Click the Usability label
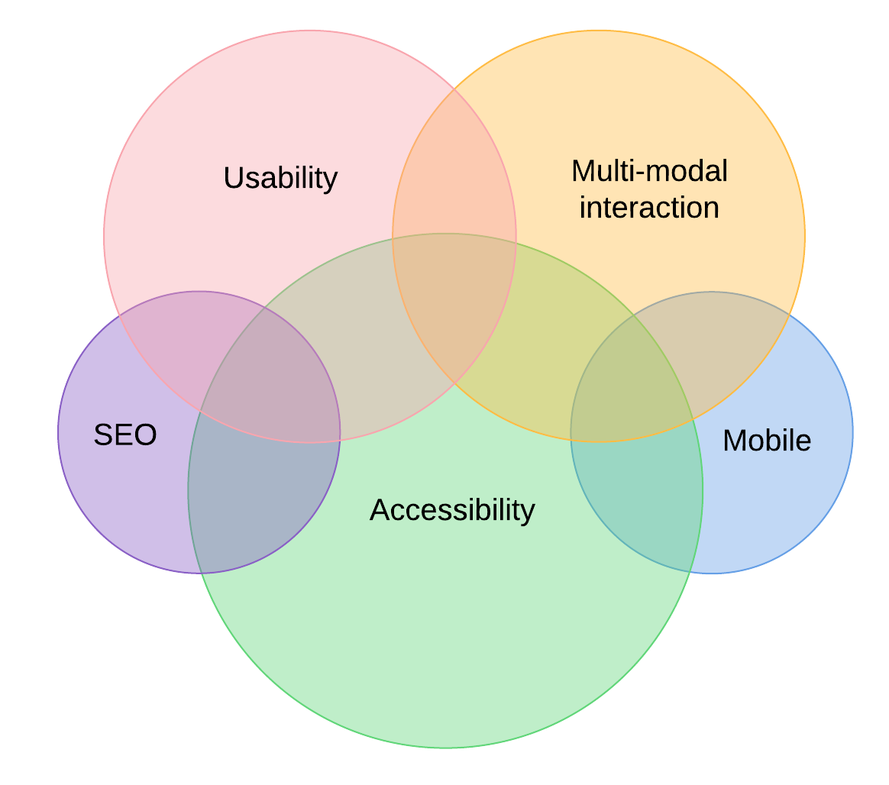tap(280, 179)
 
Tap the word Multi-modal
tap(649, 171)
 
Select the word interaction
tap(649, 208)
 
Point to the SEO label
tap(125, 435)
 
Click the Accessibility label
tap(452, 510)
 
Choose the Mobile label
tap(767, 441)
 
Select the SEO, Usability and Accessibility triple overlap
tap(275, 382)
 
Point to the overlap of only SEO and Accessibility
tap(260, 496)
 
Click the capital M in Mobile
tap(734, 441)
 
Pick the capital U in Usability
tap(233, 178)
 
